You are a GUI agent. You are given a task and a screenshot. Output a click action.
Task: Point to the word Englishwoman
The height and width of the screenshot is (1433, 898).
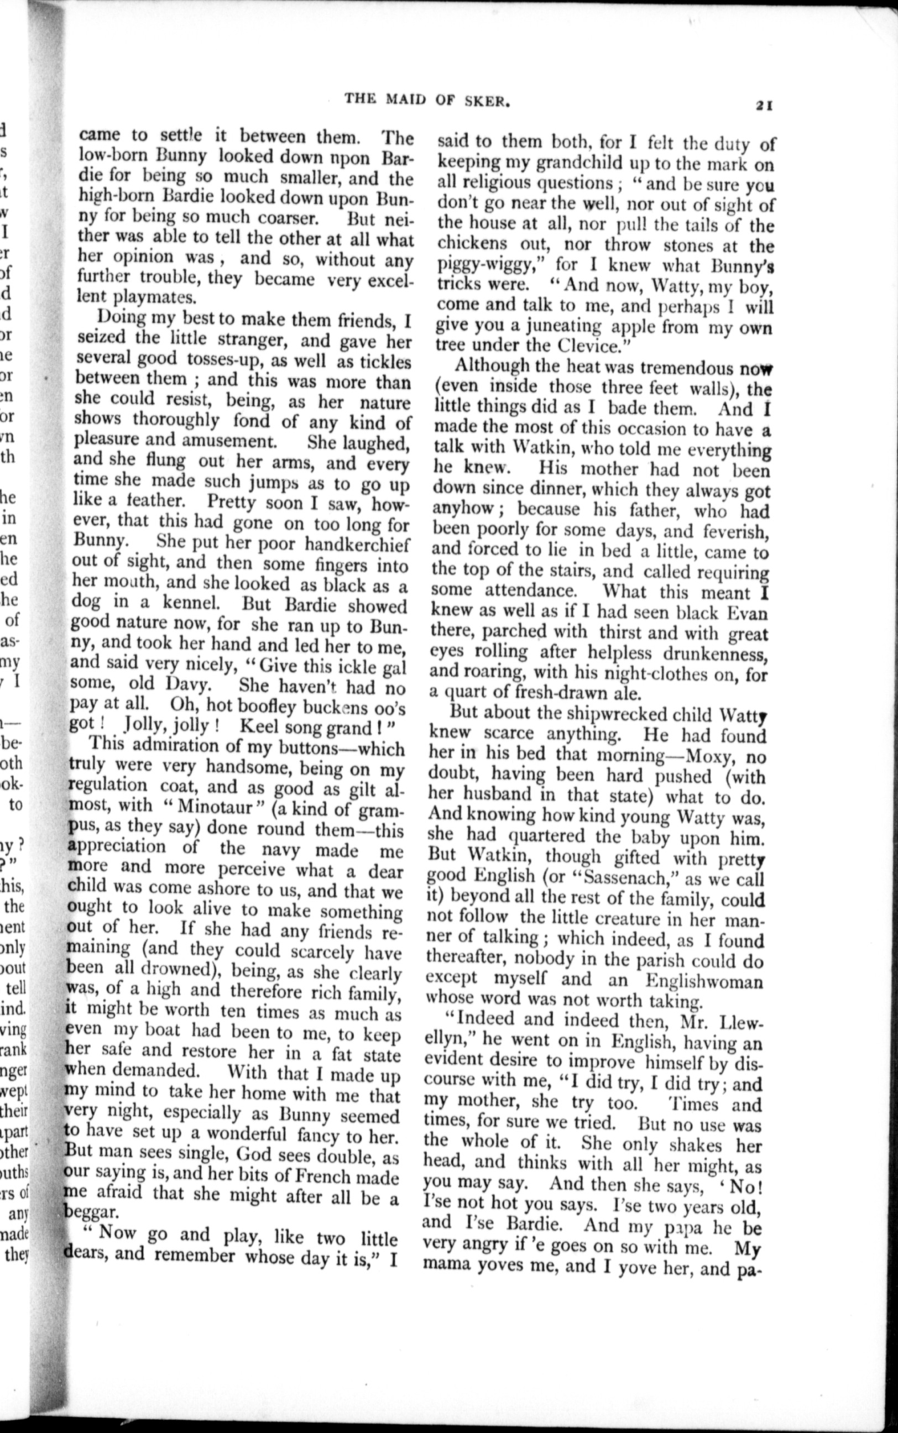pyautogui.click(x=704, y=980)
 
